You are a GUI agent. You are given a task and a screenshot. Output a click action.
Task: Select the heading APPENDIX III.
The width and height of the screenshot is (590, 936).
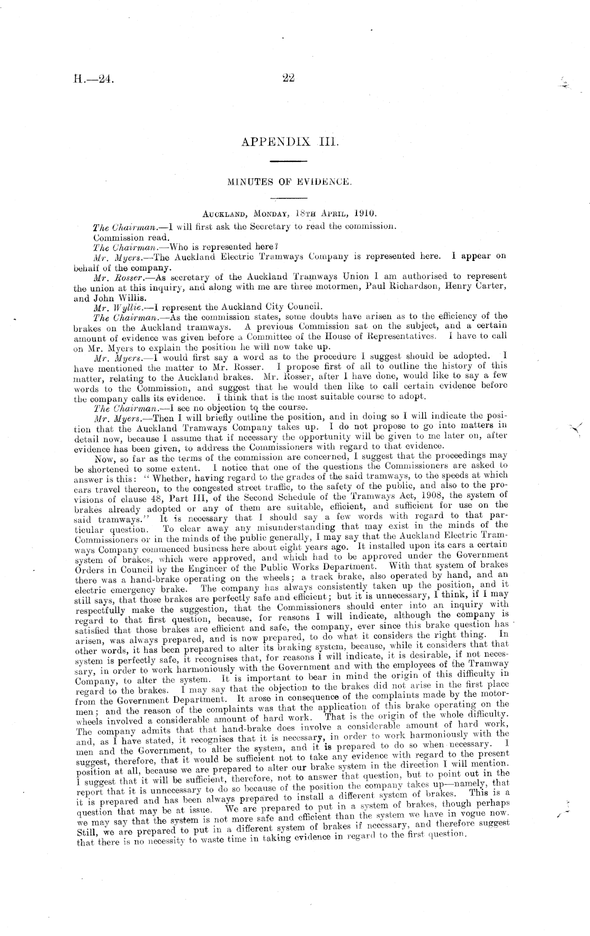pos(289,142)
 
